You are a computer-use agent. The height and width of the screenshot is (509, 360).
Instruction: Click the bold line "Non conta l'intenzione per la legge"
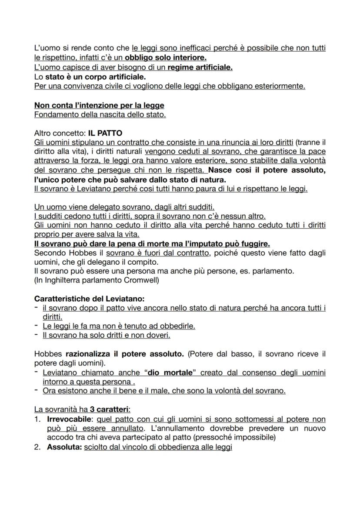click(x=99, y=106)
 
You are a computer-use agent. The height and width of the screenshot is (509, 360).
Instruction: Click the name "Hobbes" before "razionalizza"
click(x=49, y=354)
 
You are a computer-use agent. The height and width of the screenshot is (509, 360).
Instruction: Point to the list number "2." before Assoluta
click(x=37, y=447)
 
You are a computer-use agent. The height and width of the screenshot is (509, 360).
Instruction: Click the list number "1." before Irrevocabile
click(x=37, y=419)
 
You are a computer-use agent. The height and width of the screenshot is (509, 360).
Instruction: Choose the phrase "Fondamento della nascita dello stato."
click(x=100, y=115)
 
